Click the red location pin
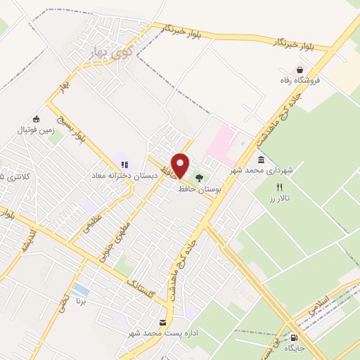[181, 165]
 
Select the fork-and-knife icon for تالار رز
[279, 188]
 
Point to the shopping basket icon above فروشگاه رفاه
[300, 70]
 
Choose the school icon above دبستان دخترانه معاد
[124, 165]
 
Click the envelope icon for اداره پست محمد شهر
[163, 322]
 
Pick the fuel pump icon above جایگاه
[293, 337]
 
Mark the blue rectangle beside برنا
[81, 289]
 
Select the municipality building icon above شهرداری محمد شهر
[261, 161]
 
